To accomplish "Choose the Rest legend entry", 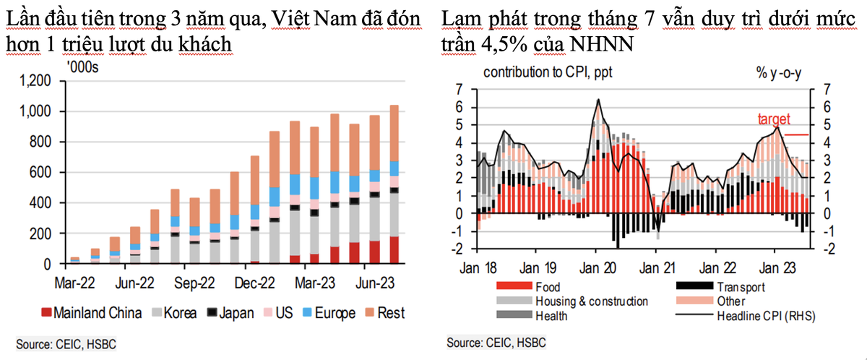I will click(390, 313).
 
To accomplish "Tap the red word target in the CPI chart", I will click(774, 119).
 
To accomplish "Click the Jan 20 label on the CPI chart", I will click(597, 265).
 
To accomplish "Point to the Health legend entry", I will click(551, 315).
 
